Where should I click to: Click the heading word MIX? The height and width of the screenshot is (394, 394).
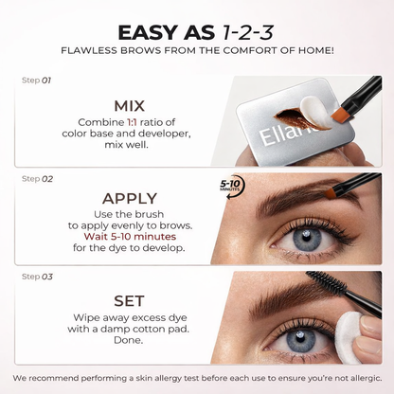tap(128, 105)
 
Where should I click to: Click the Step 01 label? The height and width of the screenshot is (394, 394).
tap(37, 81)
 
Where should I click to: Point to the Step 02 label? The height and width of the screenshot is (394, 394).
tap(37, 177)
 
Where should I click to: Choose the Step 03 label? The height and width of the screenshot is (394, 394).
tap(37, 276)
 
